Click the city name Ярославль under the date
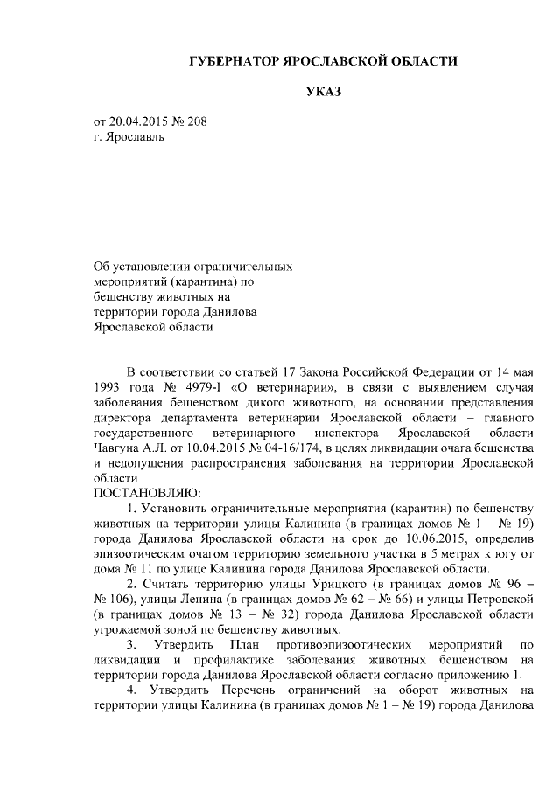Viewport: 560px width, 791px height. click(x=134, y=137)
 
